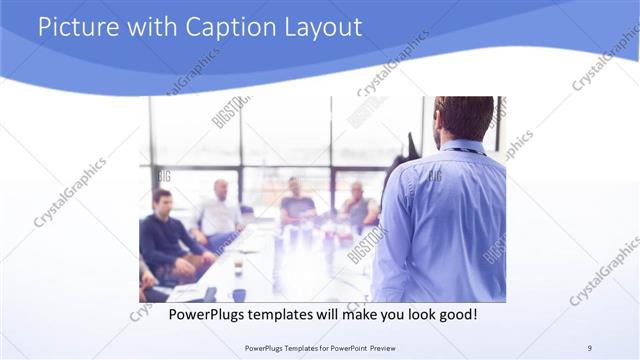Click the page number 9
pyautogui.click(x=589, y=347)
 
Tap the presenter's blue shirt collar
pyautogui.click(x=462, y=146)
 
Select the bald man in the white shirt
pyautogui.click(x=219, y=210)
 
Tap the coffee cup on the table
pyautogui.click(x=238, y=267)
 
